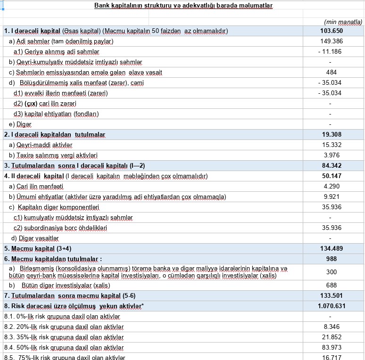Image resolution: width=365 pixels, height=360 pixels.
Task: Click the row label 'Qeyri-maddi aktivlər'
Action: click(x=41, y=145)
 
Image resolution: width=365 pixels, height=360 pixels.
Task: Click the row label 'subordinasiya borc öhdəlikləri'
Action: click(x=60, y=228)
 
